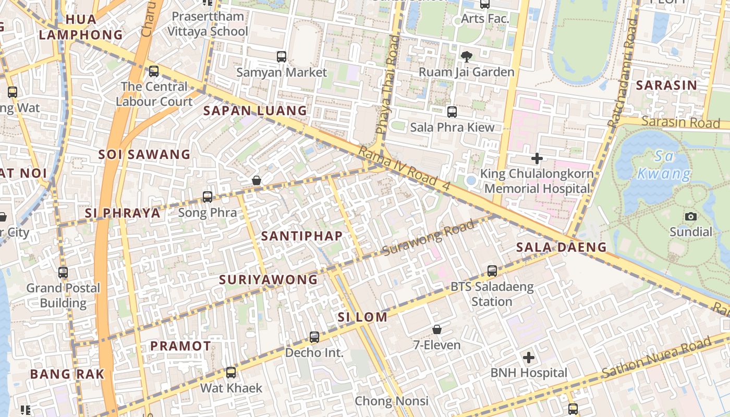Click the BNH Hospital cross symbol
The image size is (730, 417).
pos(529,358)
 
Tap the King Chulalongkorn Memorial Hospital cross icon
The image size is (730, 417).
pos(537,158)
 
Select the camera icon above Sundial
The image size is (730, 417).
pos(691,216)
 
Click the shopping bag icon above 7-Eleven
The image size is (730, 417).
pos(437,329)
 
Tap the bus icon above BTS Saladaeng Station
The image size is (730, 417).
pos(492,271)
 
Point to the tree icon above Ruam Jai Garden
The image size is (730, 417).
pos(466,56)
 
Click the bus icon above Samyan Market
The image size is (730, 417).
pos(282,56)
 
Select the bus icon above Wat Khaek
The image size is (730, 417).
pos(231,373)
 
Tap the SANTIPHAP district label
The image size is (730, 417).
pos(302,236)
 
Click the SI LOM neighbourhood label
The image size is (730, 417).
pos(362,317)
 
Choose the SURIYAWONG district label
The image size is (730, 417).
pos(268,280)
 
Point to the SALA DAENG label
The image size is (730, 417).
pos(562,247)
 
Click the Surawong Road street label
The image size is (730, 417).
pos(428,238)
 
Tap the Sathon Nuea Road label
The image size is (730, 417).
pos(656,358)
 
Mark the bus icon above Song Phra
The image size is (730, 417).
pos(208,197)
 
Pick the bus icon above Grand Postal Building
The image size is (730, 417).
pos(63,273)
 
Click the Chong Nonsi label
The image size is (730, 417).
pos(392,401)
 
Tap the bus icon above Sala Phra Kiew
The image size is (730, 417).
pos(452,112)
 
